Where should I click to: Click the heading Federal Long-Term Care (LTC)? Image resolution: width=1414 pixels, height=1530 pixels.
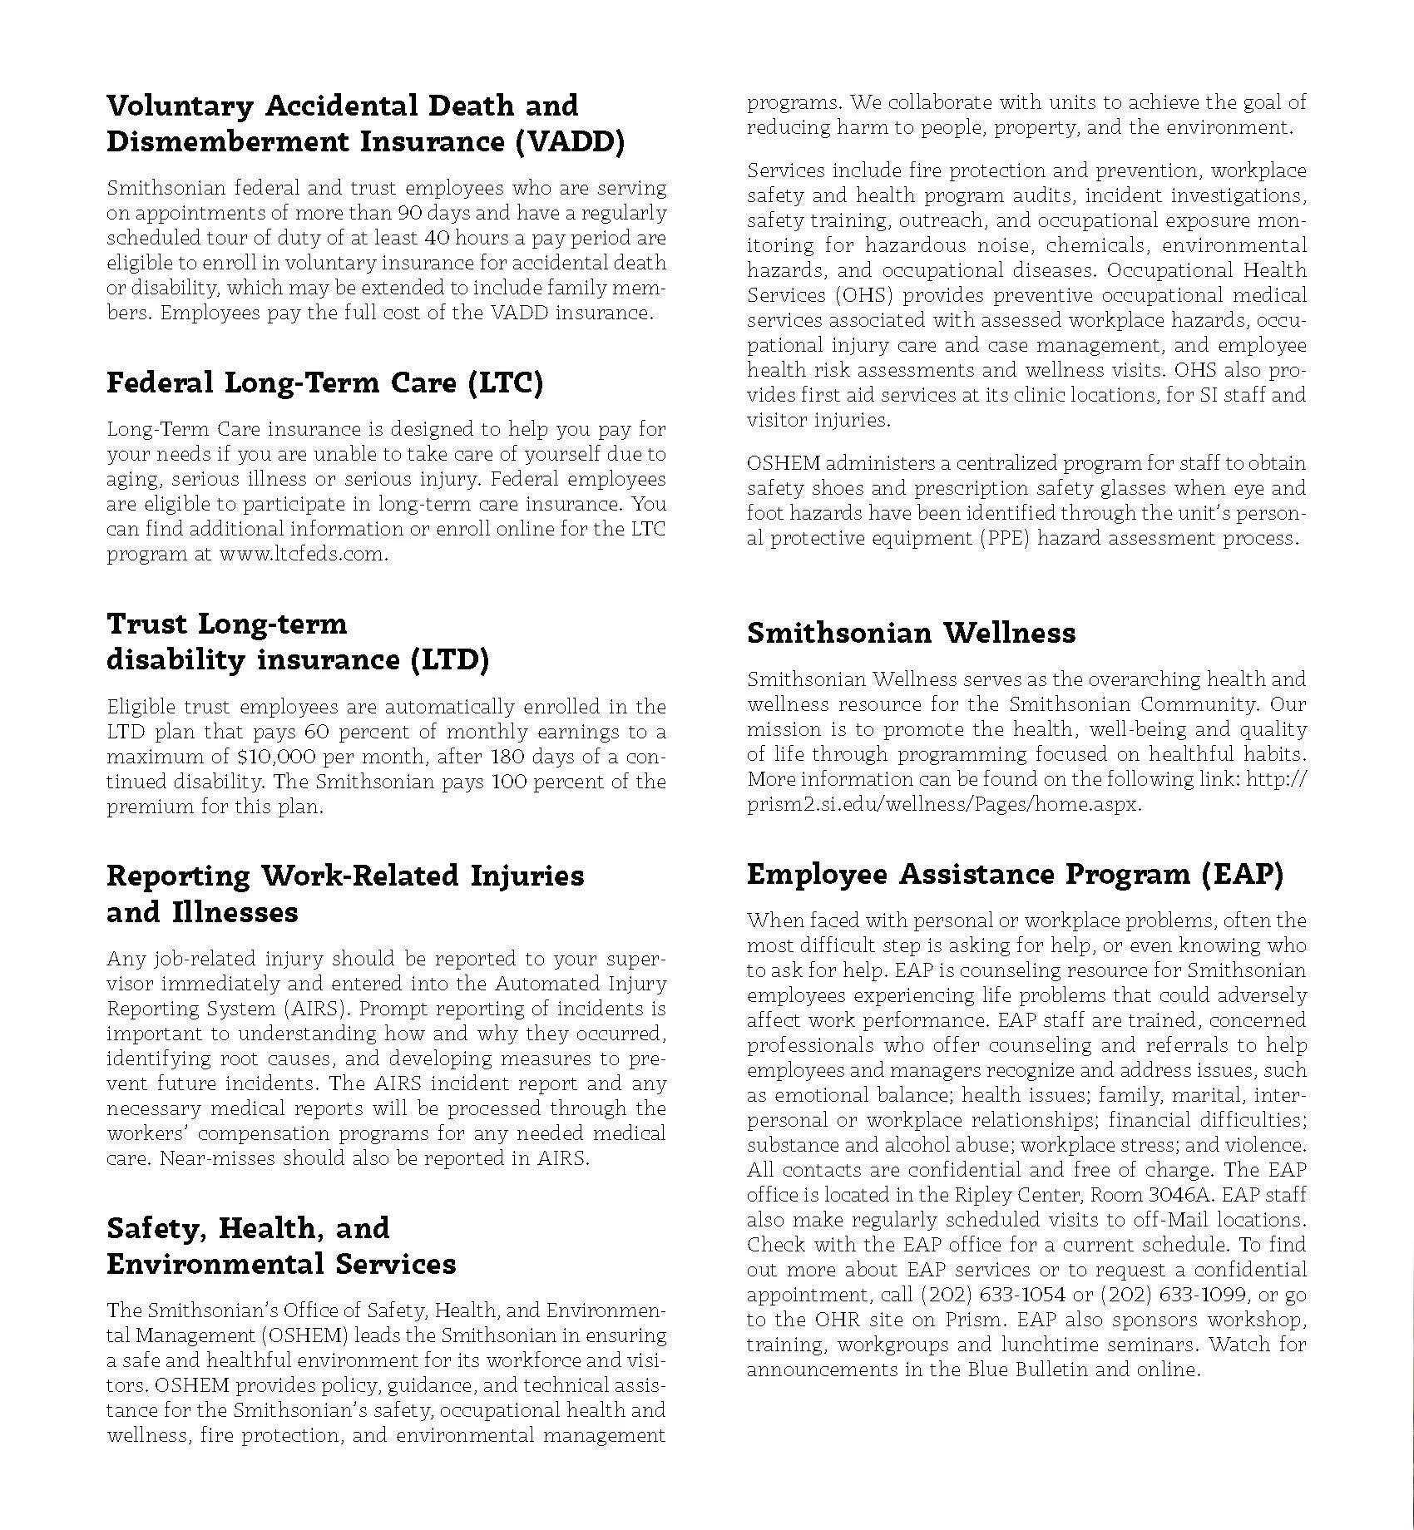pyautogui.click(x=324, y=383)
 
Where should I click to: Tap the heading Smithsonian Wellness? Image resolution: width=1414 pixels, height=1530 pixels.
pyautogui.click(x=911, y=633)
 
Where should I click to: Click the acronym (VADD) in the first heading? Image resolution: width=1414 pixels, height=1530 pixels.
pyautogui.click(x=569, y=142)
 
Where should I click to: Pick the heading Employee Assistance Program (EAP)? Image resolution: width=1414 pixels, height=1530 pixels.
pyautogui.click(x=1015, y=874)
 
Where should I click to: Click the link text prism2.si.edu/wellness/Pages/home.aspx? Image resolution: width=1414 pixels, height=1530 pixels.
pyautogui.click(x=944, y=805)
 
